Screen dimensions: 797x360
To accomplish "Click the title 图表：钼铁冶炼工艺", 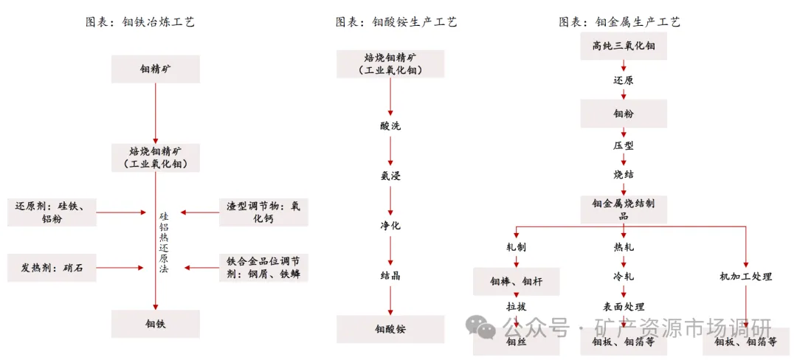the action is tap(139, 22).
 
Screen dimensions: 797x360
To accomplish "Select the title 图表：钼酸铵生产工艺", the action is tap(396, 22).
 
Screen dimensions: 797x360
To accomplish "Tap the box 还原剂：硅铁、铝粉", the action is tap(52, 212).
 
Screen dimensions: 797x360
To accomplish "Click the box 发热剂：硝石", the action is tap(52, 268).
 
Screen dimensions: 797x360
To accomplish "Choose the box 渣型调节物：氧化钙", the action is tap(263, 212).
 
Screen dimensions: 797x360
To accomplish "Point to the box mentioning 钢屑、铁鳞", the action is tap(263, 268).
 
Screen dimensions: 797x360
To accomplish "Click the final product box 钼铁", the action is tap(156, 324).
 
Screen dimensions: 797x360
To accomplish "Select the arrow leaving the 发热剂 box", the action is tap(121, 268).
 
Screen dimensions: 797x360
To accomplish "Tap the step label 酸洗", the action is tap(390, 126).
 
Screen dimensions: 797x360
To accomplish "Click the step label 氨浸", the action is tap(390, 176).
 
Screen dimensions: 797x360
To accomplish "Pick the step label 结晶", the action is tap(390, 276).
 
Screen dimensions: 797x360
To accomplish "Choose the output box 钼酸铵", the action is tap(390, 329).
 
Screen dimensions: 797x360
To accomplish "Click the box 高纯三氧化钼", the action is tap(623, 46).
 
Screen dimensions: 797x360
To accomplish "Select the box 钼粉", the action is tap(623, 113).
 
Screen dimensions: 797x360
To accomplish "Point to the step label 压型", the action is tap(623, 146).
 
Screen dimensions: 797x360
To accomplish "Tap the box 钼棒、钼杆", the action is tap(517, 281).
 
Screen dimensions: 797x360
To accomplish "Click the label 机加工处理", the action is tap(745, 277).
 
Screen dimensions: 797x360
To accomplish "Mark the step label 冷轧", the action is tap(623, 277).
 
